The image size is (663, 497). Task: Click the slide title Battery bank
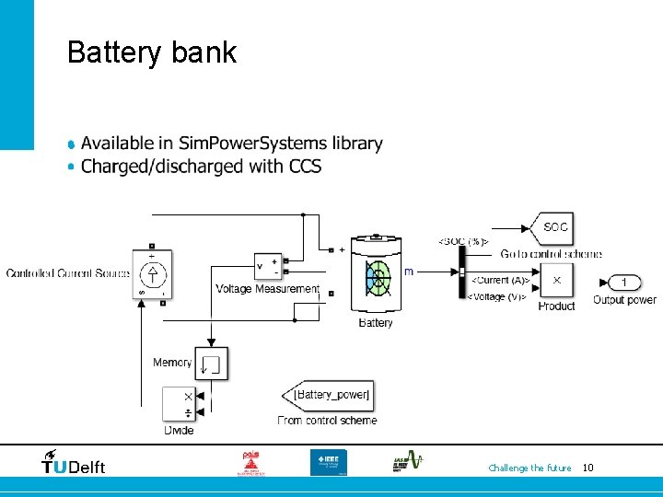[x=152, y=52]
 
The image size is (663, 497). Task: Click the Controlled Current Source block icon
[x=152, y=273]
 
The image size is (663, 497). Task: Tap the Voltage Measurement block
[x=268, y=267]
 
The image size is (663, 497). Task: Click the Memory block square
[x=214, y=364]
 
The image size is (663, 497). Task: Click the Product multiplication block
[x=556, y=280]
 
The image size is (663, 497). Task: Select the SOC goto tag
[x=551, y=227]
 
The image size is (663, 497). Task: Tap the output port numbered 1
[x=623, y=282]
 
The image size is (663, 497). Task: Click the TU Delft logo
[x=74, y=462]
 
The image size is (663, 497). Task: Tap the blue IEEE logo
[x=329, y=462]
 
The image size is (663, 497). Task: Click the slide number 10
[x=588, y=468]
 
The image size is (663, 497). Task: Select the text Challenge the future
[x=529, y=468]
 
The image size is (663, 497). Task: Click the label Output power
[x=624, y=300]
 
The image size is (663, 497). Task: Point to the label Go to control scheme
[x=551, y=254]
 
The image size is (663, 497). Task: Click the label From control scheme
[x=327, y=421]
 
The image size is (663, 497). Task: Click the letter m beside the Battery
[x=409, y=272]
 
